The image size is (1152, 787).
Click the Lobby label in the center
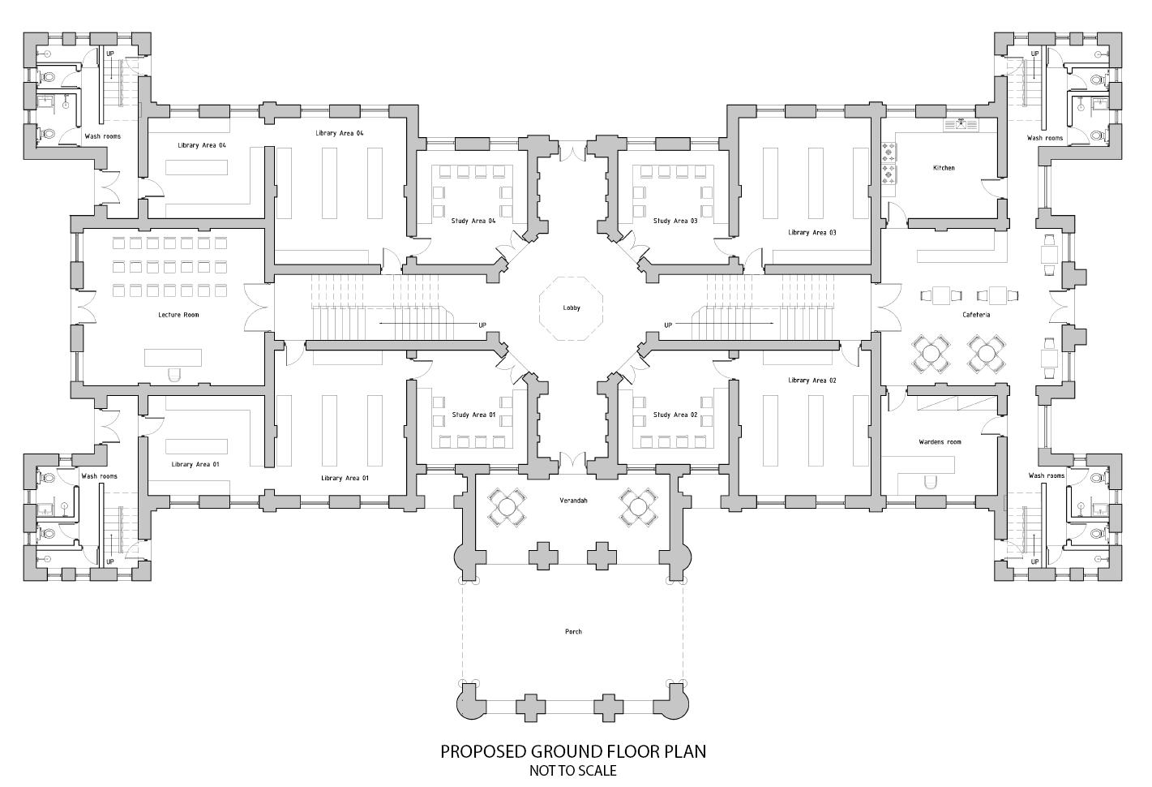[x=572, y=308]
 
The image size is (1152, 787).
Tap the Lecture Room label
[x=178, y=315]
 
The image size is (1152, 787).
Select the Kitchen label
[x=944, y=168]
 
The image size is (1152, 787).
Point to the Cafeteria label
[x=976, y=315]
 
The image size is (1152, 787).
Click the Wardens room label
[x=940, y=442]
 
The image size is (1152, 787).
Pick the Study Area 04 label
[x=473, y=221]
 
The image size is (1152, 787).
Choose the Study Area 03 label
[x=675, y=221]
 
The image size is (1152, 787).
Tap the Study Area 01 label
[x=473, y=415]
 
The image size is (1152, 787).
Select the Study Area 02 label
[x=675, y=415]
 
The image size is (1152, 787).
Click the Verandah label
[x=573, y=501]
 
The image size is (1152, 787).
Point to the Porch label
[x=573, y=631]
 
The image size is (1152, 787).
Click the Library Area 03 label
[x=812, y=233]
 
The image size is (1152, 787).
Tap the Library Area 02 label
[x=812, y=381]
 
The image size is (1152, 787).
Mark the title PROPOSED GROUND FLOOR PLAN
[x=573, y=751]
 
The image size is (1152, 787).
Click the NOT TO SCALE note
[x=573, y=771]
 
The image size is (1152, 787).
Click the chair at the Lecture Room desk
[x=173, y=374]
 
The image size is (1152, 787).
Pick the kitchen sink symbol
[x=961, y=124]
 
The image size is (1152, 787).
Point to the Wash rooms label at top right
[x=1045, y=138]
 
